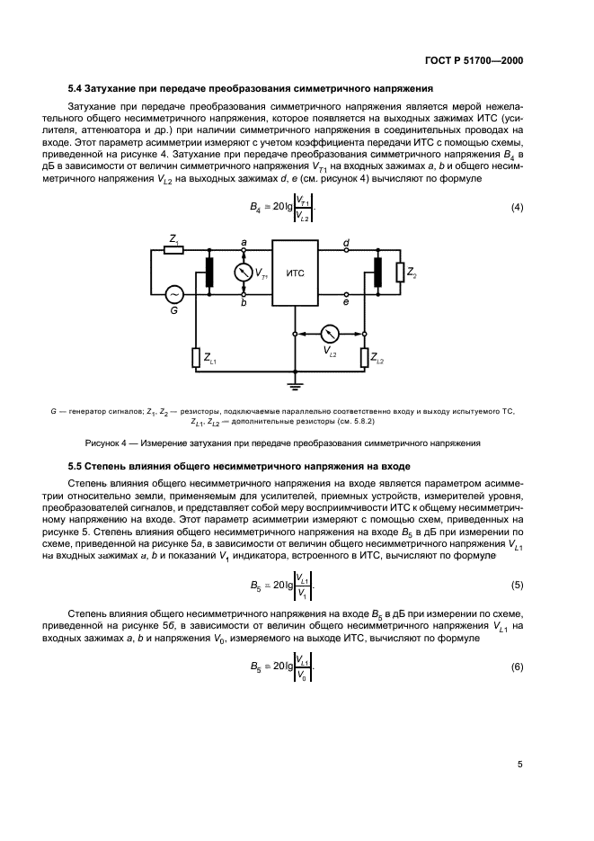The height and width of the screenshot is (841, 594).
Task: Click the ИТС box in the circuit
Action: point(296,272)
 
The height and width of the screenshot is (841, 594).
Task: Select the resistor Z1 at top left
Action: point(173,249)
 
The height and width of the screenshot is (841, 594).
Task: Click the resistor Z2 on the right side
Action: point(399,272)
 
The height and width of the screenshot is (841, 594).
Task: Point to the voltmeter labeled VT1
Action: point(243,272)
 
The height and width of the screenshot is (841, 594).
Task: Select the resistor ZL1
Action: point(195,357)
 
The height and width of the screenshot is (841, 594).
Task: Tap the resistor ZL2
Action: point(365,357)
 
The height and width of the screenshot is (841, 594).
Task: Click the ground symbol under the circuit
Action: point(296,385)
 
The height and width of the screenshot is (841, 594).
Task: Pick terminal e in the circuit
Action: point(347,294)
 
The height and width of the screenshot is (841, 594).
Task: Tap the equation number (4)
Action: point(517,208)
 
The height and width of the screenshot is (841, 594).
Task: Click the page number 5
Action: point(519,764)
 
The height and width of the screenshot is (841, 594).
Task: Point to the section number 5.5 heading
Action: point(78,466)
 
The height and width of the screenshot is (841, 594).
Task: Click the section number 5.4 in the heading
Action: point(78,89)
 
